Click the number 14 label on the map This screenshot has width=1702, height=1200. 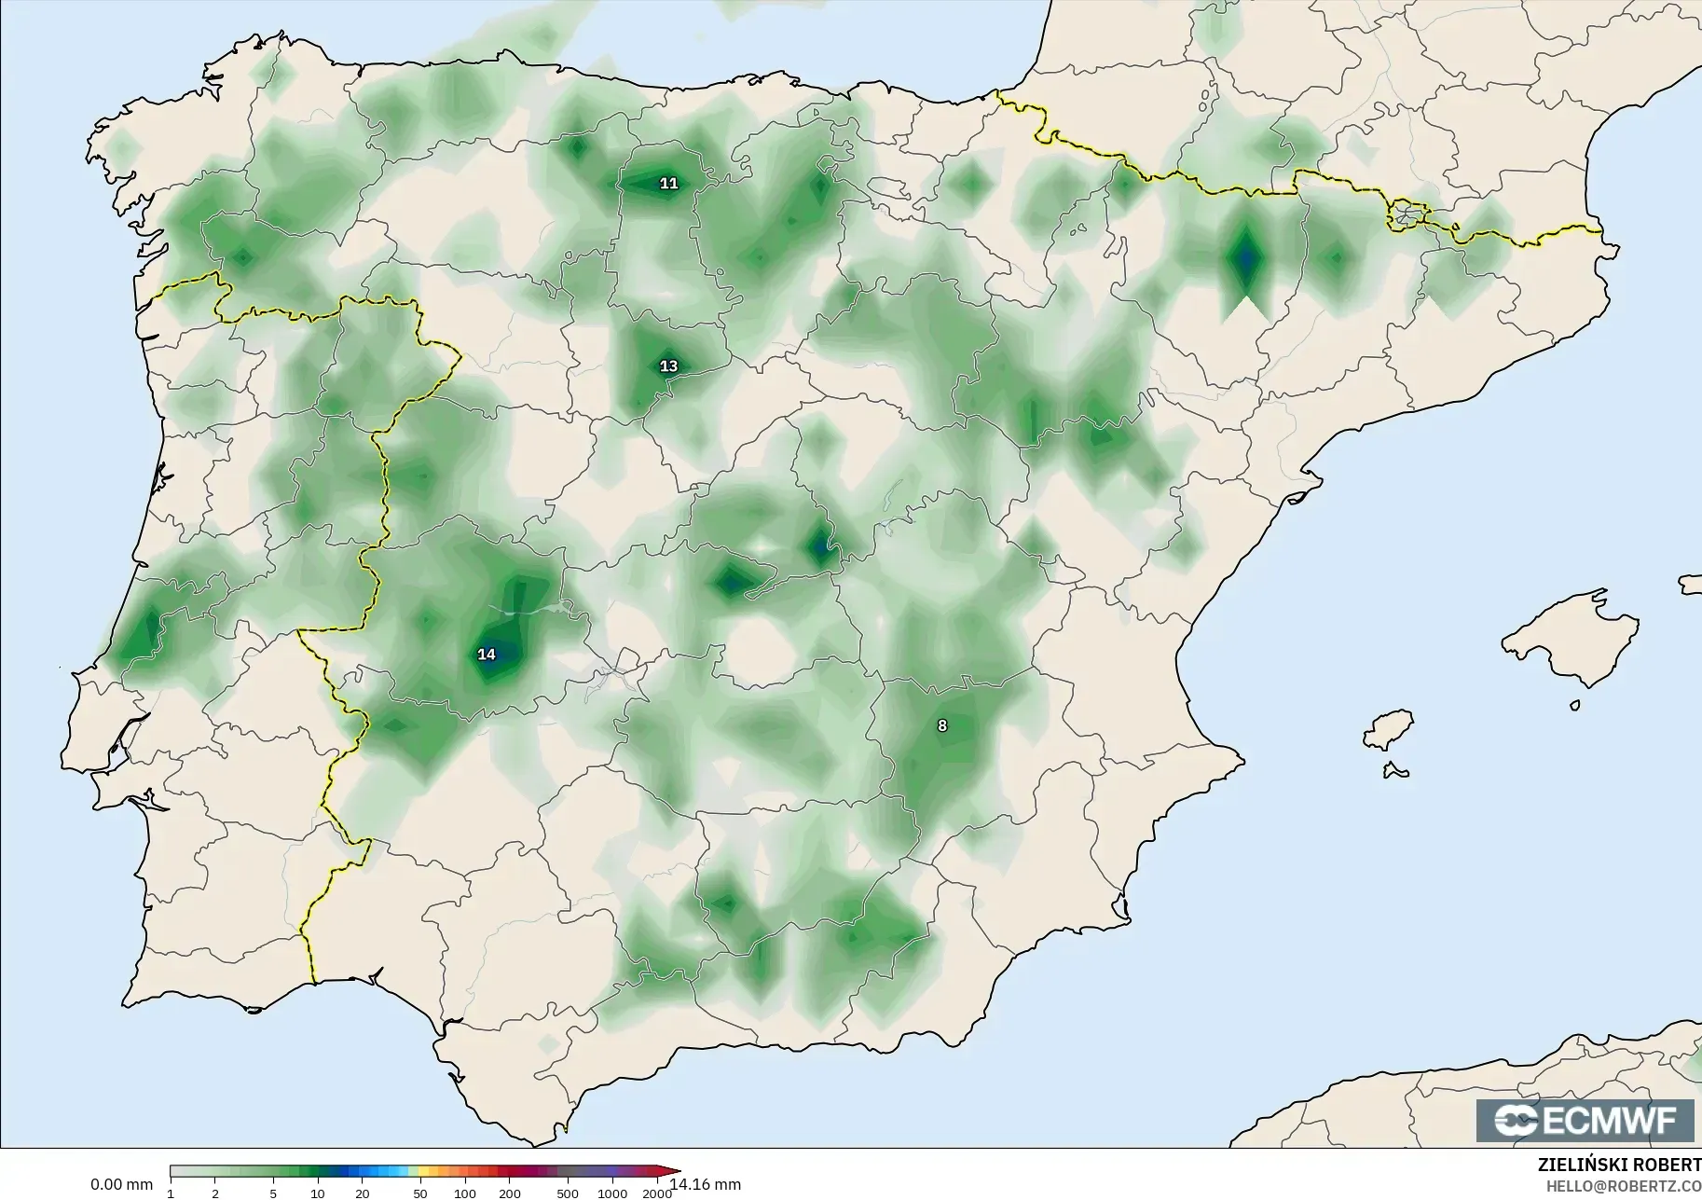pos(487,655)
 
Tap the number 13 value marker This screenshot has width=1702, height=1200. pos(668,366)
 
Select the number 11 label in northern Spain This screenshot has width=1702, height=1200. pos(668,184)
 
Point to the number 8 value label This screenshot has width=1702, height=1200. pos(942,725)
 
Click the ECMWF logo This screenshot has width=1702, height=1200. pos(1585,1120)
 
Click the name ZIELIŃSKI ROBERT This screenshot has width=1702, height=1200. pos(1619,1166)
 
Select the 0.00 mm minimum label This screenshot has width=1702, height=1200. pos(121,1185)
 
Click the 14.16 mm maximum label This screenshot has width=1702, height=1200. pos(706,1184)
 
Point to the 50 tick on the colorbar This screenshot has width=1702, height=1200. pos(420,1193)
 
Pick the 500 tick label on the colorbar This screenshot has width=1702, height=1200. pos(567,1193)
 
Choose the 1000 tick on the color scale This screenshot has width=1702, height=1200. pos(612,1193)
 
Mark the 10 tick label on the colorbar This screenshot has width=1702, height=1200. pos(318,1193)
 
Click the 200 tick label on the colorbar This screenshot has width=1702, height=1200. pos(510,1193)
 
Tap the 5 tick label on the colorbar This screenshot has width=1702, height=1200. pos(273,1193)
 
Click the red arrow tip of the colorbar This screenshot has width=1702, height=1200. pos(676,1172)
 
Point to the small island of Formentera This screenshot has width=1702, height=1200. pos(1395,770)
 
